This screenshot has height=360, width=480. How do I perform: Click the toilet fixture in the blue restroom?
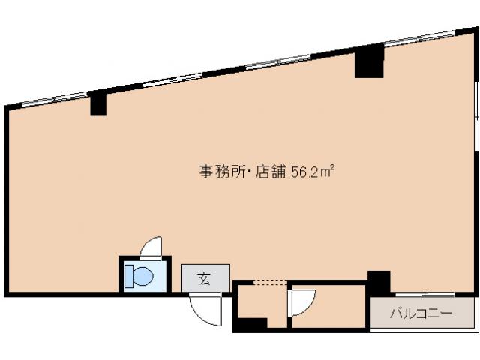[140, 275]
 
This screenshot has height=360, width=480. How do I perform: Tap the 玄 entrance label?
[205, 279]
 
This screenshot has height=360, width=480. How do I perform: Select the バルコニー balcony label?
[421, 314]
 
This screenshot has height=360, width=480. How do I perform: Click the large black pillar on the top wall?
[369, 61]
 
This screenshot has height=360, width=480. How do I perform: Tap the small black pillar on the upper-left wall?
[98, 103]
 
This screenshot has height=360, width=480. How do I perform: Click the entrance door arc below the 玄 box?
[205, 310]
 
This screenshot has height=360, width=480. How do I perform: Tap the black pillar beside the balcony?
[378, 281]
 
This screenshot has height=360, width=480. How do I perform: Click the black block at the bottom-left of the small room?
[251, 324]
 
